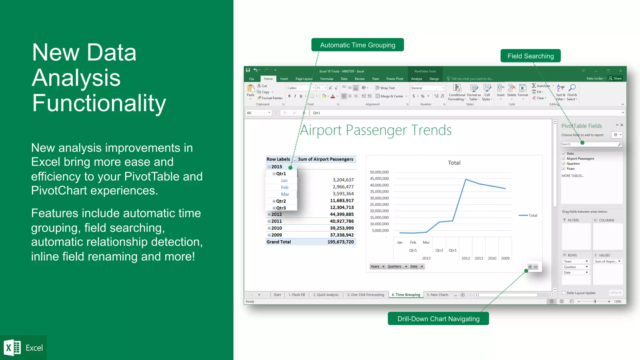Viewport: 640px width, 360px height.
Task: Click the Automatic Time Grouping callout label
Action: click(x=357, y=45)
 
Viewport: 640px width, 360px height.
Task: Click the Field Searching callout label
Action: click(x=530, y=56)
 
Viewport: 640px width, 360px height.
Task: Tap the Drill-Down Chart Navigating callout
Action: click(x=438, y=319)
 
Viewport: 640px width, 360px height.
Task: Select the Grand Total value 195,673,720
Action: click(x=340, y=242)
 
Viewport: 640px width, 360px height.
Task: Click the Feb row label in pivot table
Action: click(x=284, y=187)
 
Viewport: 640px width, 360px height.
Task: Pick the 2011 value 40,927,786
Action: click(x=342, y=221)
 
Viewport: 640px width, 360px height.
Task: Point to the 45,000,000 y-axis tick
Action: click(x=379, y=179)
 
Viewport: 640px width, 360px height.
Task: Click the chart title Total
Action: click(x=454, y=163)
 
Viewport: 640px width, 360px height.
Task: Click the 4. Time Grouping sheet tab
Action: click(x=406, y=295)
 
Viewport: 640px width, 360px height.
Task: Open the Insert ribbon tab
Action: click(x=284, y=79)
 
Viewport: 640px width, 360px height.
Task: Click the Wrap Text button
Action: click(x=385, y=88)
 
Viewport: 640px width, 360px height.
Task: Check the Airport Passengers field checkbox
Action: click(x=563, y=159)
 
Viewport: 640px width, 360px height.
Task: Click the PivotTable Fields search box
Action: click(x=589, y=144)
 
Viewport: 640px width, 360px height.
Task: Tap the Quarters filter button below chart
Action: click(x=397, y=267)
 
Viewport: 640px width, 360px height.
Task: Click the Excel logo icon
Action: click(x=12, y=347)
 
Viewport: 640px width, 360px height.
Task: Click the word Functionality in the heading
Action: click(x=99, y=103)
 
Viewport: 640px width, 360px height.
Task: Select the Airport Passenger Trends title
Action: click(x=376, y=130)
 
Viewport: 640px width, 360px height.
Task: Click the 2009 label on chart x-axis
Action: click(x=505, y=258)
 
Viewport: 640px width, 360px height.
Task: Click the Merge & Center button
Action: click(x=391, y=96)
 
